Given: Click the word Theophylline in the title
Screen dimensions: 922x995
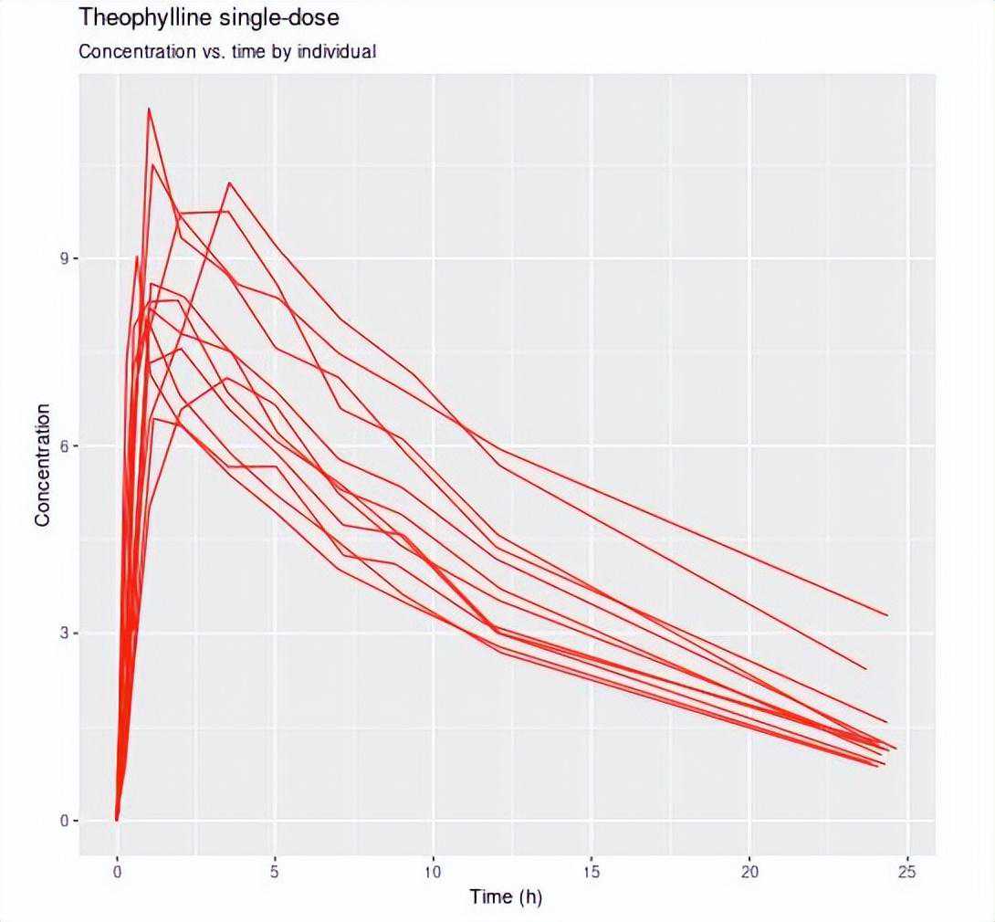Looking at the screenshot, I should (x=137, y=16).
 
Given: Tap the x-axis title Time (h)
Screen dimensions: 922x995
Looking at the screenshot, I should (x=506, y=896).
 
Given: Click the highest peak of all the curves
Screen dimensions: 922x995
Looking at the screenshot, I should (x=149, y=109).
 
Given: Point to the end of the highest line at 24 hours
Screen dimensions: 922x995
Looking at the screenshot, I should (x=886, y=615).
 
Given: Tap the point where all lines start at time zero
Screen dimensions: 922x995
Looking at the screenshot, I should (x=117, y=819).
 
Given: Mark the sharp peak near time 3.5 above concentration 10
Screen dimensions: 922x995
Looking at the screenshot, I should (x=229, y=183).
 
